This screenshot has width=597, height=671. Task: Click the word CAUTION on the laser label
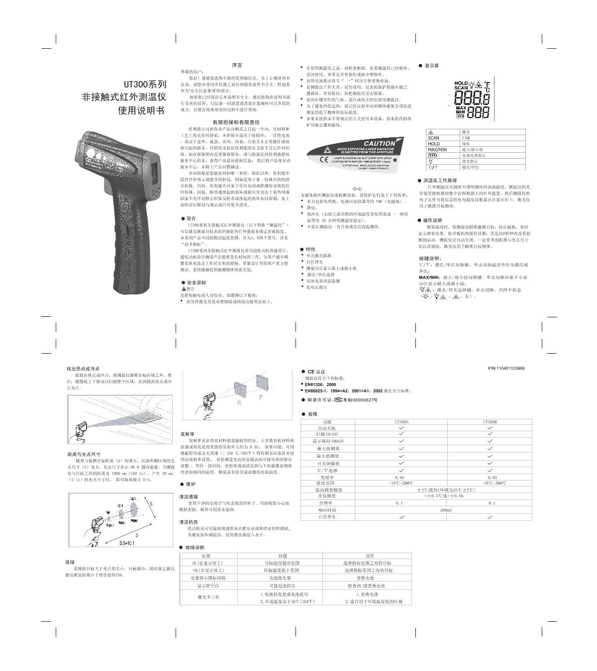[379, 143]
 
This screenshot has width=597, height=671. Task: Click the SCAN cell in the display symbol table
[434, 138]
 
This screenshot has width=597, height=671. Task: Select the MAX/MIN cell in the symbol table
[437, 149]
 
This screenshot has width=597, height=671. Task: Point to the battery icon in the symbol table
[432, 155]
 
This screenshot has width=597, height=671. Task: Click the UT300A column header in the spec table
[401, 422]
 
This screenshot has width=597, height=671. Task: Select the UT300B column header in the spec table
[490, 422]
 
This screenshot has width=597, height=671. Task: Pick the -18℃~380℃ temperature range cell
[490, 483]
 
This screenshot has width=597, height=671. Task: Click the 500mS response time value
[446, 510]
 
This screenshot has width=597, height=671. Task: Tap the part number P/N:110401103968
[506, 369]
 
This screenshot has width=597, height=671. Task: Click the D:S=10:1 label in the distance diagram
[128, 543]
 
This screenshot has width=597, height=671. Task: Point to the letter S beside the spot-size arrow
[151, 503]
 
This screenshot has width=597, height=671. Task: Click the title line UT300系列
[145, 85]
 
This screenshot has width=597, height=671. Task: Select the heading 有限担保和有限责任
[236, 122]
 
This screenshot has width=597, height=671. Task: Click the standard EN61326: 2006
[320, 384]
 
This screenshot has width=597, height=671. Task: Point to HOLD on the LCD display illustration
[461, 83]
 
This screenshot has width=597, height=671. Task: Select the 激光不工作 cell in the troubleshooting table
[208, 597]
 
